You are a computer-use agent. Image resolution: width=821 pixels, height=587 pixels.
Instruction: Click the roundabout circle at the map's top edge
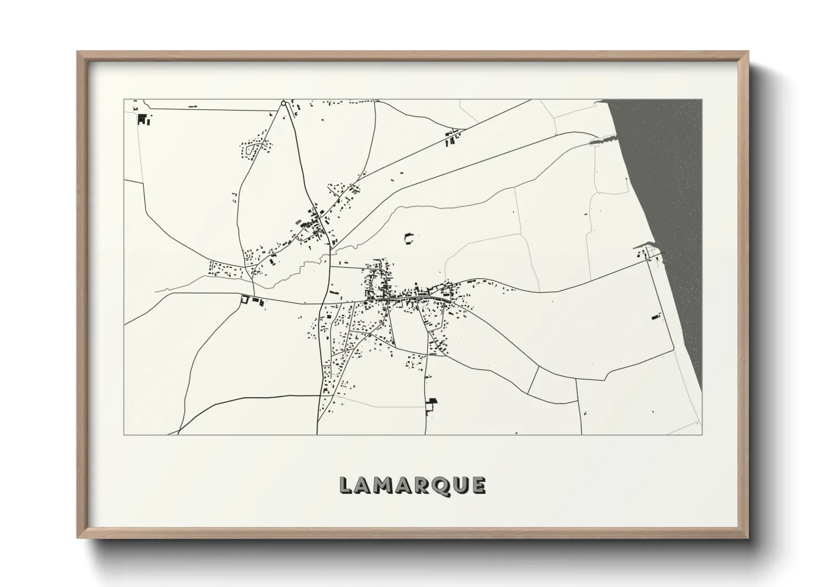click(x=283, y=103)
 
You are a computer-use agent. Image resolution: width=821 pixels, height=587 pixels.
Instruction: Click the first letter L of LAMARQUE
click(x=344, y=485)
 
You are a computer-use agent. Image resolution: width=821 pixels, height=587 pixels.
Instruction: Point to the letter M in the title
click(x=381, y=485)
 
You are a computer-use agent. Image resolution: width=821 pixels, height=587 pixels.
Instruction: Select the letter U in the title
click(x=458, y=485)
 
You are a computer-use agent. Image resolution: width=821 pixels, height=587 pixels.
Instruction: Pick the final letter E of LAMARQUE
click(x=478, y=485)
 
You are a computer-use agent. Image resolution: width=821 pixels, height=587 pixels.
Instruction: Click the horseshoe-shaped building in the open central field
click(x=409, y=239)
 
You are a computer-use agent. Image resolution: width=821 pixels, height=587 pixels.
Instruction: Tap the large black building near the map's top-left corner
click(x=142, y=118)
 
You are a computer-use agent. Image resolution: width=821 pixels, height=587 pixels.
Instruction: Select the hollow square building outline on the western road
click(x=243, y=300)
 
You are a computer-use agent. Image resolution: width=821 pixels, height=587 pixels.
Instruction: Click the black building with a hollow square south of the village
click(x=430, y=404)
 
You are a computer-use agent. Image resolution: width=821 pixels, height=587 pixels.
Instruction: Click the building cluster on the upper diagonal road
click(x=452, y=136)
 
